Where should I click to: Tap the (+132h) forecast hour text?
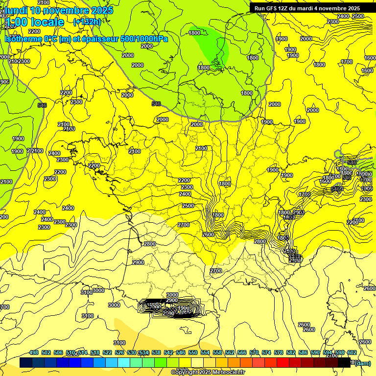(x=87, y=22)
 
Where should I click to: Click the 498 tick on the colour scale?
(x=34, y=352)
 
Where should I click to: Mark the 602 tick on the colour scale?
(x=352, y=352)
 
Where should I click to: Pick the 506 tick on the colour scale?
(x=58, y=352)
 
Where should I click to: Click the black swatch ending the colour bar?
(x=345, y=363)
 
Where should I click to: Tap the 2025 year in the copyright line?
(x=201, y=373)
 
